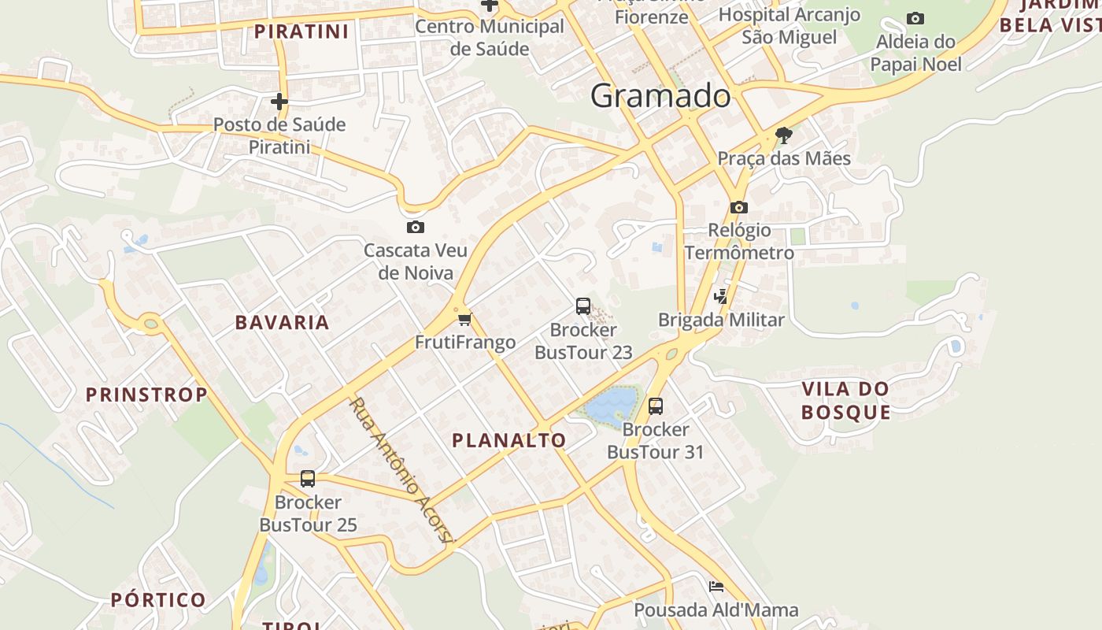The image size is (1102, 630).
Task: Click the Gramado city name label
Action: (660, 96)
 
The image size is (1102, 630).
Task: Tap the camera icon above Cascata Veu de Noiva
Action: (415, 228)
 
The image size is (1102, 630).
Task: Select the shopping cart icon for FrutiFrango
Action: (464, 319)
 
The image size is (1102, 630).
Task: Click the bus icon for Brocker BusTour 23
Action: (582, 306)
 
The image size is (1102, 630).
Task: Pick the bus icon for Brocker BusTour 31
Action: (655, 406)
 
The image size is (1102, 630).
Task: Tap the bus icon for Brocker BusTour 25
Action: (308, 479)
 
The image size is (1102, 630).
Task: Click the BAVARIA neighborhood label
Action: (282, 322)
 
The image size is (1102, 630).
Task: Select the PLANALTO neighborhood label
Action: (508, 440)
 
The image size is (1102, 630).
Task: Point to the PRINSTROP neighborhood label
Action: (146, 395)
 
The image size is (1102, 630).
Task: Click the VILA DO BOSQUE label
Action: (845, 400)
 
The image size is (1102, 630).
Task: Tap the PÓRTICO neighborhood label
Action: (158, 600)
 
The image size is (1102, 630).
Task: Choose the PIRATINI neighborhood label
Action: (301, 31)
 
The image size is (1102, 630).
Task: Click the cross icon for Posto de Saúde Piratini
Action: (279, 102)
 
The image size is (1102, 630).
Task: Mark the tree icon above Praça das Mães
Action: (783, 135)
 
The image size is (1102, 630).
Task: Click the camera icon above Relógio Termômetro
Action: (738, 207)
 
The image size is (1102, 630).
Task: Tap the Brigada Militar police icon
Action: (721, 297)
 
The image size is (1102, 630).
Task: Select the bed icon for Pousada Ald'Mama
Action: (716, 587)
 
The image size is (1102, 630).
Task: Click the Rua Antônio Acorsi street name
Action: (401, 471)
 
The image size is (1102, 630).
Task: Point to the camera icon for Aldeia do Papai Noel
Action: (915, 18)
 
